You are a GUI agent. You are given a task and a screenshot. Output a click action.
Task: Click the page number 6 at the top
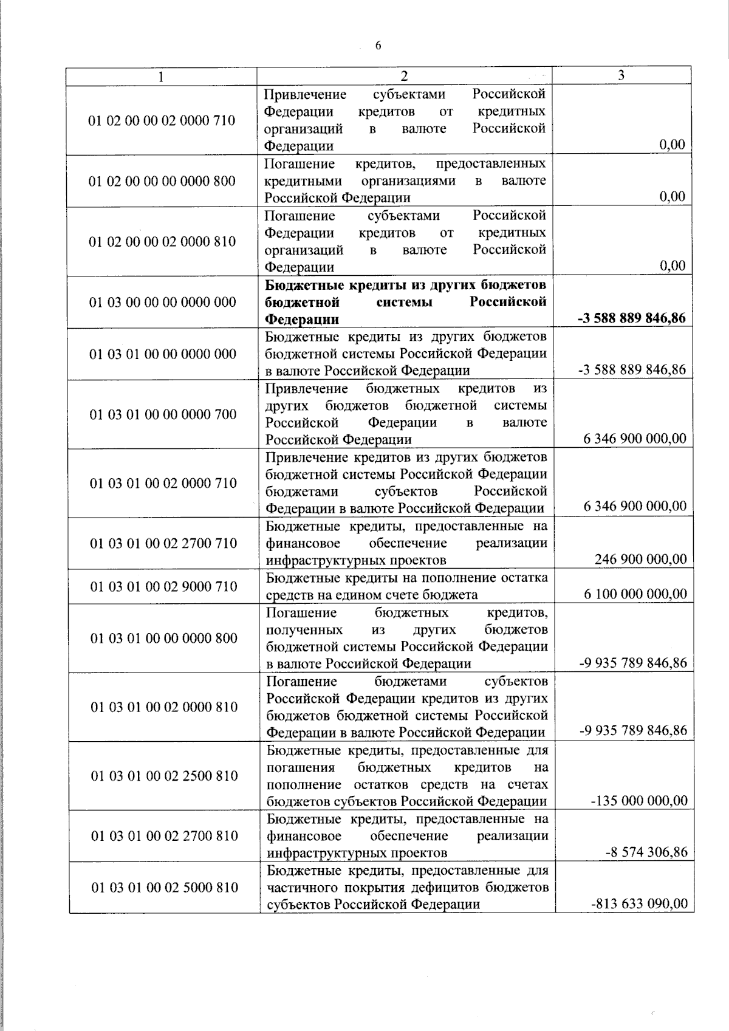point(378,46)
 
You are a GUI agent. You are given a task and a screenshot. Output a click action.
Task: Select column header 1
point(160,76)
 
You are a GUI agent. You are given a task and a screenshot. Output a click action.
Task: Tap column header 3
point(621,75)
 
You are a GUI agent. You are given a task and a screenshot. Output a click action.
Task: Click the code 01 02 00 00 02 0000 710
point(162,120)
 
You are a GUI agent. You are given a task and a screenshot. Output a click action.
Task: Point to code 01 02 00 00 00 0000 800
point(162,181)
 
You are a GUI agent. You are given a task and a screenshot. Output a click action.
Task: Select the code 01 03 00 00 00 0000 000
point(163,302)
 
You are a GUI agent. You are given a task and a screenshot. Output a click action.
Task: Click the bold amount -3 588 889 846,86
point(631,318)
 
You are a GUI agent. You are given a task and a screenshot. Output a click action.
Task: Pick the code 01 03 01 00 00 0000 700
point(163,414)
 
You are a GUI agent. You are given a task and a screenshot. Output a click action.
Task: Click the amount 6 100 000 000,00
point(635,594)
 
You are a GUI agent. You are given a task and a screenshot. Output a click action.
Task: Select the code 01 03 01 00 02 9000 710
point(164,586)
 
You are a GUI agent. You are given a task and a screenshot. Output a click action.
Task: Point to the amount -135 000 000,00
point(639,800)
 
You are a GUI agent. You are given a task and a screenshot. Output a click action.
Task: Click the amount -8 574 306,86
point(646,852)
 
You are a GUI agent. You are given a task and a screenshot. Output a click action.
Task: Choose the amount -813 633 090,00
point(639,903)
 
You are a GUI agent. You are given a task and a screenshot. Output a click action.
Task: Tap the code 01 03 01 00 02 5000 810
point(165,888)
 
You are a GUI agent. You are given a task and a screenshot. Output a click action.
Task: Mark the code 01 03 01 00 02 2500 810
point(164,776)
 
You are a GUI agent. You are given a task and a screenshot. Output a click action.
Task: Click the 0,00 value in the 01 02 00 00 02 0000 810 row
point(672,265)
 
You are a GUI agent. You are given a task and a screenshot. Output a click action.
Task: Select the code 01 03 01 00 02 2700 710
point(163,543)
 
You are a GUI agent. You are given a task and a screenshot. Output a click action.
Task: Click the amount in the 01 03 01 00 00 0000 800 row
point(633,663)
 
